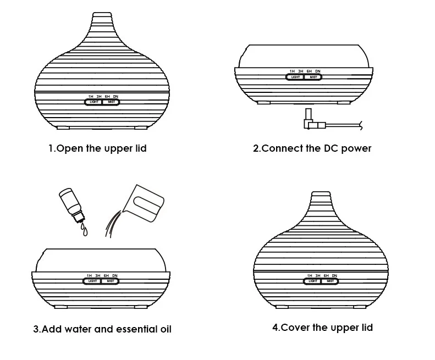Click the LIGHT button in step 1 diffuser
[x=93, y=102]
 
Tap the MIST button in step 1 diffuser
[x=111, y=102]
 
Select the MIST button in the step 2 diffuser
[x=313, y=77]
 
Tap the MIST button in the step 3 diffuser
[x=111, y=281]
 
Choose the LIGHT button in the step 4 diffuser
[x=312, y=281]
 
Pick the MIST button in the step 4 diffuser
[x=330, y=281]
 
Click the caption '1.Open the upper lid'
[x=97, y=148]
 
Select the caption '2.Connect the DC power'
[x=312, y=148]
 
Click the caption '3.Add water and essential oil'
[x=102, y=329]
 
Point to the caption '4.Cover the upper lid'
[x=322, y=328]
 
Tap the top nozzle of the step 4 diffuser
[x=321, y=196]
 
